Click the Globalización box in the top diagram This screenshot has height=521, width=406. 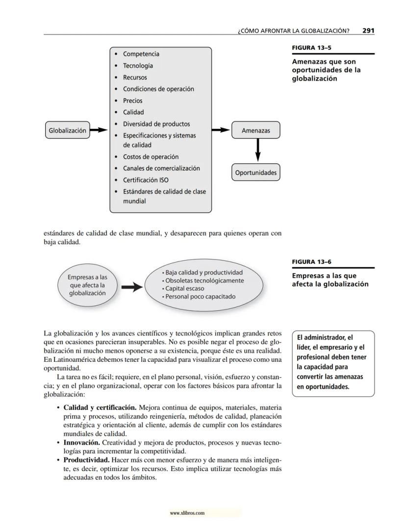[67, 130]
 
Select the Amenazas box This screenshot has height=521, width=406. [255, 130]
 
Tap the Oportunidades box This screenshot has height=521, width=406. [255, 172]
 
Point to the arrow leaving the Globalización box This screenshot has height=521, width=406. [99, 130]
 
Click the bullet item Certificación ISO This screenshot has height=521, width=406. [145, 180]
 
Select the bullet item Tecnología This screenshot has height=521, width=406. [138, 66]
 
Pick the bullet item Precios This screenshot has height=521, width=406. [133, 100]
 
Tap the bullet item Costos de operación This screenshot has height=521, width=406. [151, 157]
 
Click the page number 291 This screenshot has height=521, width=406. [368, 30]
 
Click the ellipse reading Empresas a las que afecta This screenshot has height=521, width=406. [87, 285]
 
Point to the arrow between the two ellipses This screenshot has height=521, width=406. [131, 287]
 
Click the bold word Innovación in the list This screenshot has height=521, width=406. [82, 443]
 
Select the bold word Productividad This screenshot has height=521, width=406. [86, 460]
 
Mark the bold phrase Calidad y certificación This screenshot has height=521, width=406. [100, 407]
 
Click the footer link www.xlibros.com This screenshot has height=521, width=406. [187, 513]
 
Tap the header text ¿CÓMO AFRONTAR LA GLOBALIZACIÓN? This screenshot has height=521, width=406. [293, 31]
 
